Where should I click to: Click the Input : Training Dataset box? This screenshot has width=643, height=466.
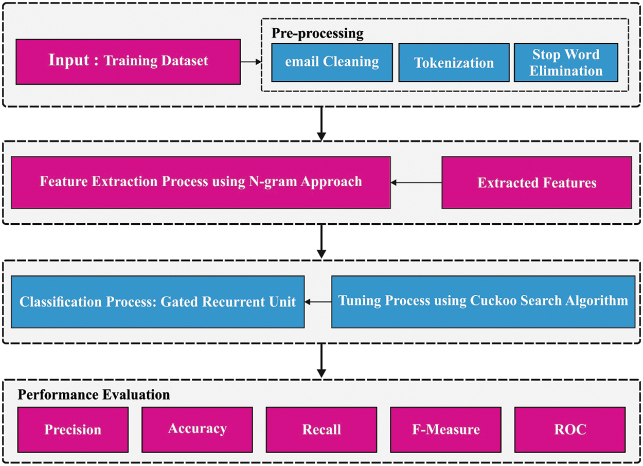(x=128, y=61)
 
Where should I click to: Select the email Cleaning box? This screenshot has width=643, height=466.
(x=332, y=62)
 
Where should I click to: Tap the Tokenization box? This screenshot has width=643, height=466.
(x=454, y=62)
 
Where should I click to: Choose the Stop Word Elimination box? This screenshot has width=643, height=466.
(x=566, y=62)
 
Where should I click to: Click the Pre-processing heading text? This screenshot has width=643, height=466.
(x=317, y=34)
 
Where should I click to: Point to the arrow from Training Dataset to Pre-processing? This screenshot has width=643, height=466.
(x=251, y=62)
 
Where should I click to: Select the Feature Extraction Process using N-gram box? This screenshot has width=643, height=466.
(x=201, y=182)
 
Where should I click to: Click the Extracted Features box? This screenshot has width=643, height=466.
(x=537, y=182)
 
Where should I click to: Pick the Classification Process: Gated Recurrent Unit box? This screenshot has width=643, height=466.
(x=157, y=301)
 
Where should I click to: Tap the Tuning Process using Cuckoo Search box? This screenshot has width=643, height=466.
(x=483, y=301)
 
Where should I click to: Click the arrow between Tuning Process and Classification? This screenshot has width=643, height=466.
(x=317, y=301)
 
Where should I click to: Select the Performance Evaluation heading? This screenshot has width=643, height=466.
(x=94, y=395)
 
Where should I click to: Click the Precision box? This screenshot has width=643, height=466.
(x=73, y=429)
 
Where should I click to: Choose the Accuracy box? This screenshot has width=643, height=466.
(x=197, y=429)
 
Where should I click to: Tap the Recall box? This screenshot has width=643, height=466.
(x=321, y=429)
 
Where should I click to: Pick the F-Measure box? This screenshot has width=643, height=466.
(x=445, y=429)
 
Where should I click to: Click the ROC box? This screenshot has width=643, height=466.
(x=570, y=429)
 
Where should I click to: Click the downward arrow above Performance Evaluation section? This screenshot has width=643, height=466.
(x=321, y=360)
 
